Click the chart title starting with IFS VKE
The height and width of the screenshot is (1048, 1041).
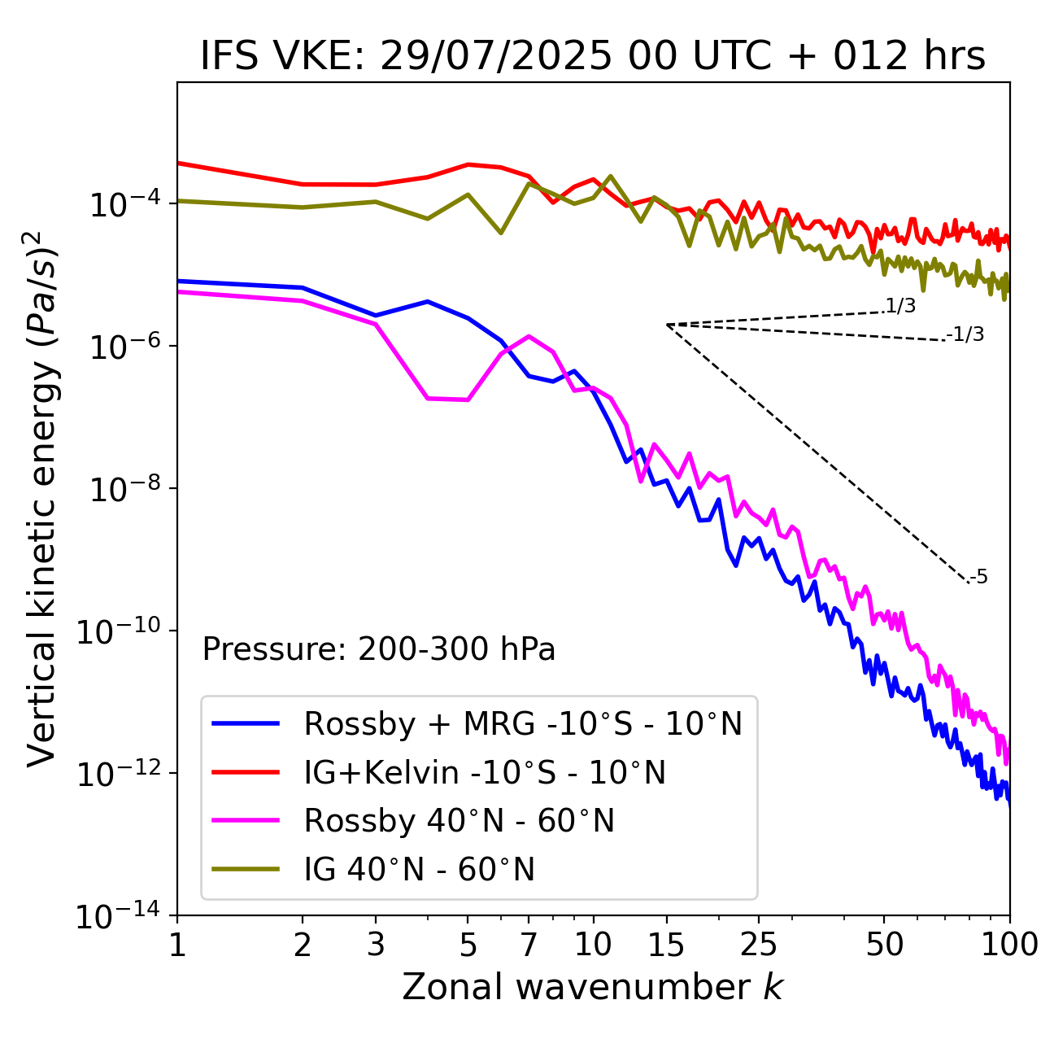(x=593, y=57)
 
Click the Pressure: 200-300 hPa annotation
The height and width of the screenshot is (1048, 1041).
(x=379, y=649)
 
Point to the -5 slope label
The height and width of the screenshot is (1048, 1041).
(x=979, y=578)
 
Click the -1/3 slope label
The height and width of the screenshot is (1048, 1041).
(x=966, y=334)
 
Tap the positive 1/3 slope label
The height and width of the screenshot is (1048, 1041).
(x=900, y=306)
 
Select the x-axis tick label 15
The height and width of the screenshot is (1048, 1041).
(x=666, y=945)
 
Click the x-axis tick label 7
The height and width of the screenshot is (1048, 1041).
(x=529, y=945)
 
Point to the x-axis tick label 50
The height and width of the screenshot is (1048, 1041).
(x=884, y=945)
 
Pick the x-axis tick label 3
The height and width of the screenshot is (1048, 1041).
(x=376, y=945)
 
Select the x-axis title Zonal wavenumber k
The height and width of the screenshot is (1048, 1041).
(x=593, y=987)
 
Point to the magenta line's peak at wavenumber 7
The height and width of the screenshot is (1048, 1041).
(x=529, y=336)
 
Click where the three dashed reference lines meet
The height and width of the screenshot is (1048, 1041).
(x=667, y=325)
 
